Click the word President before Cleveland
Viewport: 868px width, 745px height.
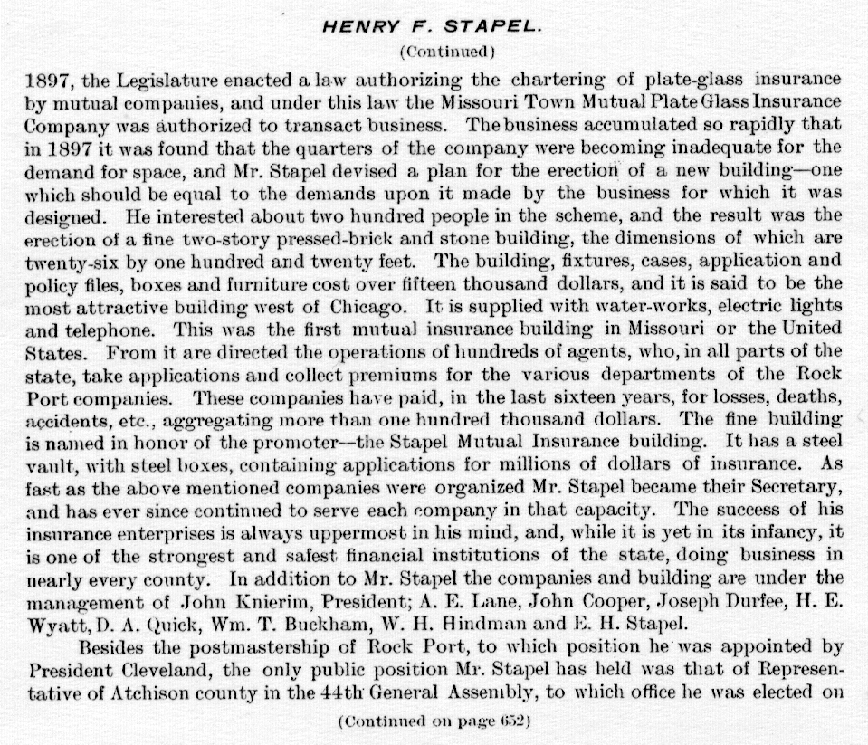[65, 671]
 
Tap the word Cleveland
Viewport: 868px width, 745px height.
[157, 671]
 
